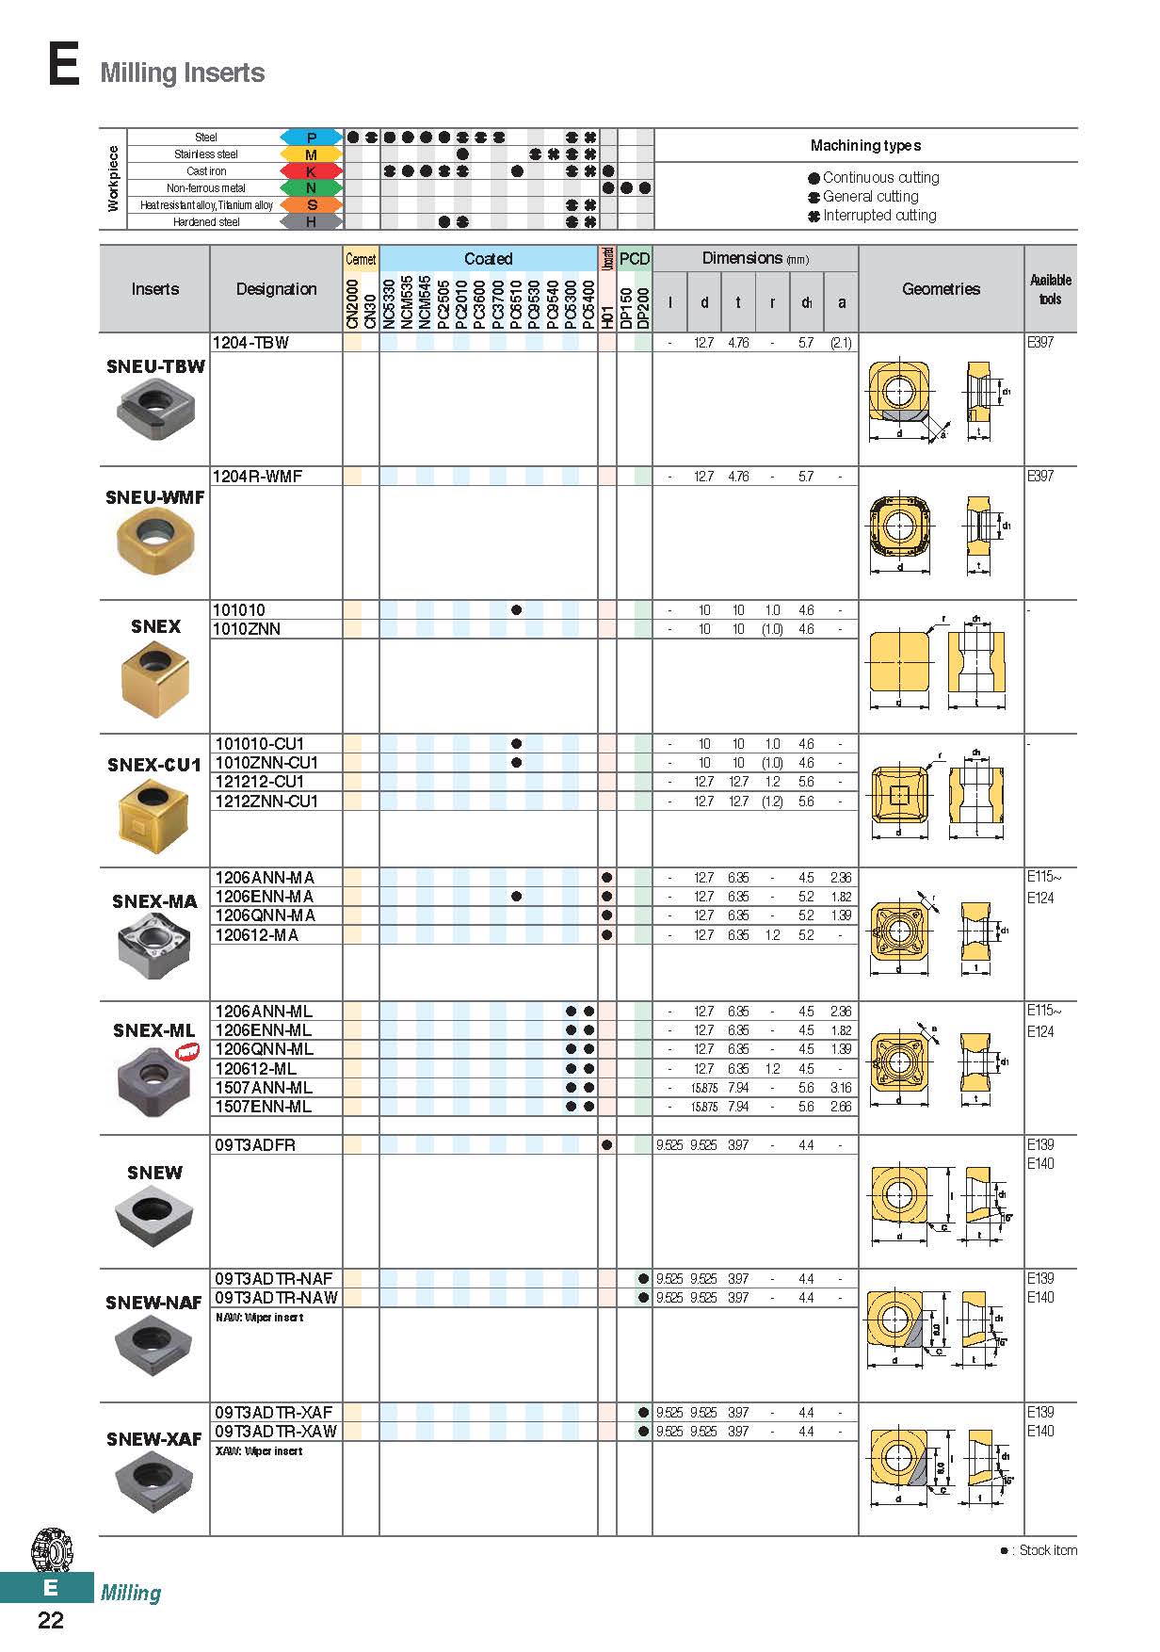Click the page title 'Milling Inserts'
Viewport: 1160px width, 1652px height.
pos(182,73)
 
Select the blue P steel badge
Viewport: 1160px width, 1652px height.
pos(311,138)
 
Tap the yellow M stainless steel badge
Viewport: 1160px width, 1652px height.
pos(311,154)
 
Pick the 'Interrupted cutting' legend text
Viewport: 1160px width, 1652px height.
pos(879,216)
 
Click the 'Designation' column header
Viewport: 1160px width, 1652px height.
pos(276,289)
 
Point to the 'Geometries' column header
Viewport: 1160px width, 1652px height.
pos(941,289)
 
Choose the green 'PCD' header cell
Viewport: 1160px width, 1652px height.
pos(635,259)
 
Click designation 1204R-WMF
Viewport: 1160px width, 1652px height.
pos(258,477)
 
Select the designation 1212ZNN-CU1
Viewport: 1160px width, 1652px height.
pos(266,802)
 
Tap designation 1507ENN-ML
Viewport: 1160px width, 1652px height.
pos(263,1107)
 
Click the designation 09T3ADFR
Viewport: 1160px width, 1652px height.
pos(254,1145)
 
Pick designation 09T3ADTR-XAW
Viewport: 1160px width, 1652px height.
pos(276,1432)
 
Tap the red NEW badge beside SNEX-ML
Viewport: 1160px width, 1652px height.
pos(188,1052)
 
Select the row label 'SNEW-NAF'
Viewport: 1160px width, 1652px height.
pos(153,1303)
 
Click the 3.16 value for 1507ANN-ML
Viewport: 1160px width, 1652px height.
pos(841,1088)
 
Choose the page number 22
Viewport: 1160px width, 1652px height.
pos(51,1620)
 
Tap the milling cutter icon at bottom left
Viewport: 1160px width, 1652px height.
pos(52,1550)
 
